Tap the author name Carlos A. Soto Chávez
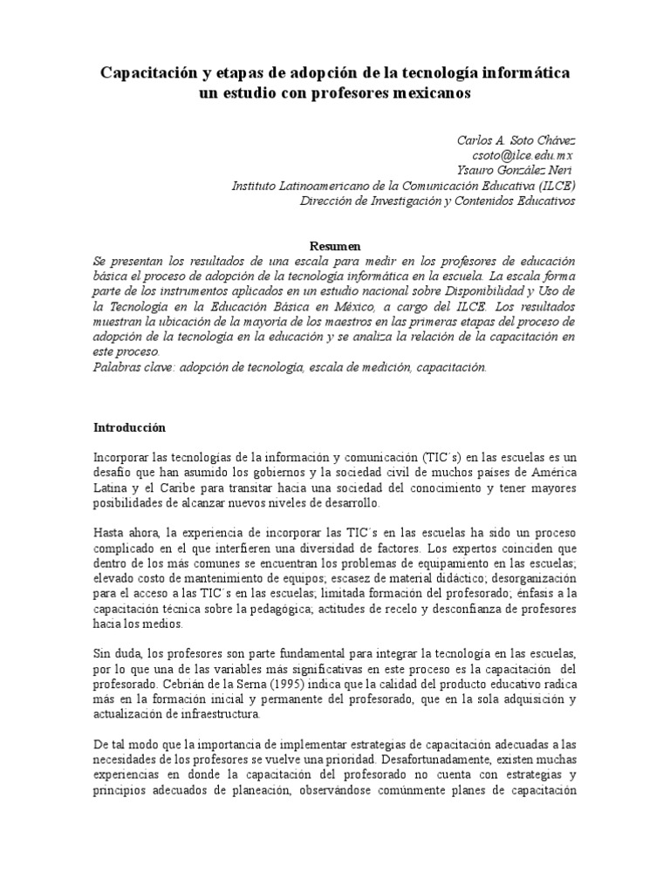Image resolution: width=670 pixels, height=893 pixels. [x=516, y=140]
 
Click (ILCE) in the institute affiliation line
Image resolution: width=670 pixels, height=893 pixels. [x=551, y=186]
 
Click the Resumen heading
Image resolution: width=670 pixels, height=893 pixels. [x=335, y=247]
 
